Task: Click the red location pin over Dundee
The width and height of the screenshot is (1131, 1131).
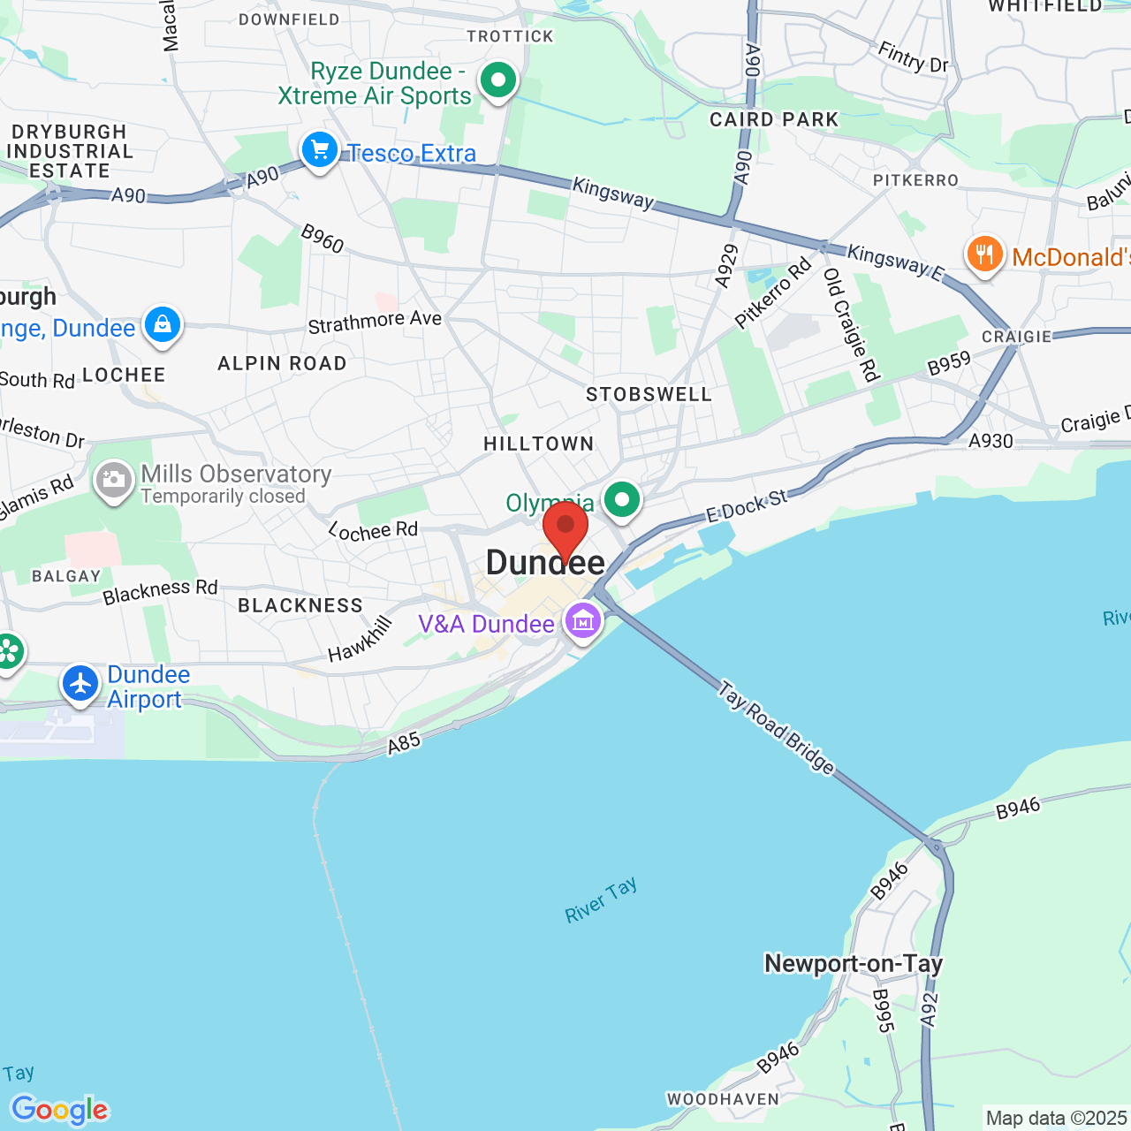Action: [x=565, y=527]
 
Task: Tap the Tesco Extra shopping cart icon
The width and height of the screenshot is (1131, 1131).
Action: [x=320, y=150]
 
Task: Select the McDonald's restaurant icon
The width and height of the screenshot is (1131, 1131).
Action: [x=984, y=254]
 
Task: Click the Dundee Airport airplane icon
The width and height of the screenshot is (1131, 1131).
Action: [x=80, y=684]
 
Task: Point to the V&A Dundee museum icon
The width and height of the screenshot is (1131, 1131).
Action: [x=583, y=621]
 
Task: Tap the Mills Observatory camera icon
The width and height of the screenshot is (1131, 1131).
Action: [x=114, y=481]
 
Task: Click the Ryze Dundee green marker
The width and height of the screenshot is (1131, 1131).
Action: [x=498, y=81]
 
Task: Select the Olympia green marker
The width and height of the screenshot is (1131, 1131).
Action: [x=622, y=500]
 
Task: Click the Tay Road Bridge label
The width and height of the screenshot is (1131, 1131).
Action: [x=777, y=727]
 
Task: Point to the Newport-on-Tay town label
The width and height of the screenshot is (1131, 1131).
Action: [x=854, y=963]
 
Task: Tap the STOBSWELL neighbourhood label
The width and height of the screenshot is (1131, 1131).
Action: [x=649, y=395]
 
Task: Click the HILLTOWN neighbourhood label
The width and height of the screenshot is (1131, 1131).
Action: [x=539, y=444]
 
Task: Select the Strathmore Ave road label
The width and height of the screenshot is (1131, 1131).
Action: [x=375, y=322]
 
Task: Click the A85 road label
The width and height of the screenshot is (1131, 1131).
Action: [x=404, y=743]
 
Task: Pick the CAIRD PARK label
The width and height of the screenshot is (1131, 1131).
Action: [x=774, y=120]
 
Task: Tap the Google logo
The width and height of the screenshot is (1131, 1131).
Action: [x=60, y=1110]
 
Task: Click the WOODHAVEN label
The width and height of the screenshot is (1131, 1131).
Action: [x=724, y=1099]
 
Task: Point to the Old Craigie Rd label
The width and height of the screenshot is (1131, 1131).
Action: [x=852, y=324]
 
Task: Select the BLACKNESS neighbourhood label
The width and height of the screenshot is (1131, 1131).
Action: [x=300, y=605]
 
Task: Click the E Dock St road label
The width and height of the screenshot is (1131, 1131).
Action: [x=746, y=505]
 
